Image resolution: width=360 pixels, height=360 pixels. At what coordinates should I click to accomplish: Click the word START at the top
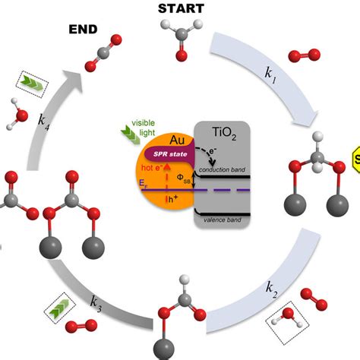(180, 8)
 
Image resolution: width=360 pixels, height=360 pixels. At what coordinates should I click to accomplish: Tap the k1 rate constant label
(270, 74)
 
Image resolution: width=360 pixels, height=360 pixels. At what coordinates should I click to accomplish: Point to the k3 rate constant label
(96, 302)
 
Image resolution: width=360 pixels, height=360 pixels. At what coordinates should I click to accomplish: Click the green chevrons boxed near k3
(55, 309)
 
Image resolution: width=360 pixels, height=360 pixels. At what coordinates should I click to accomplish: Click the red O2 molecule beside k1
(300, 55)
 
